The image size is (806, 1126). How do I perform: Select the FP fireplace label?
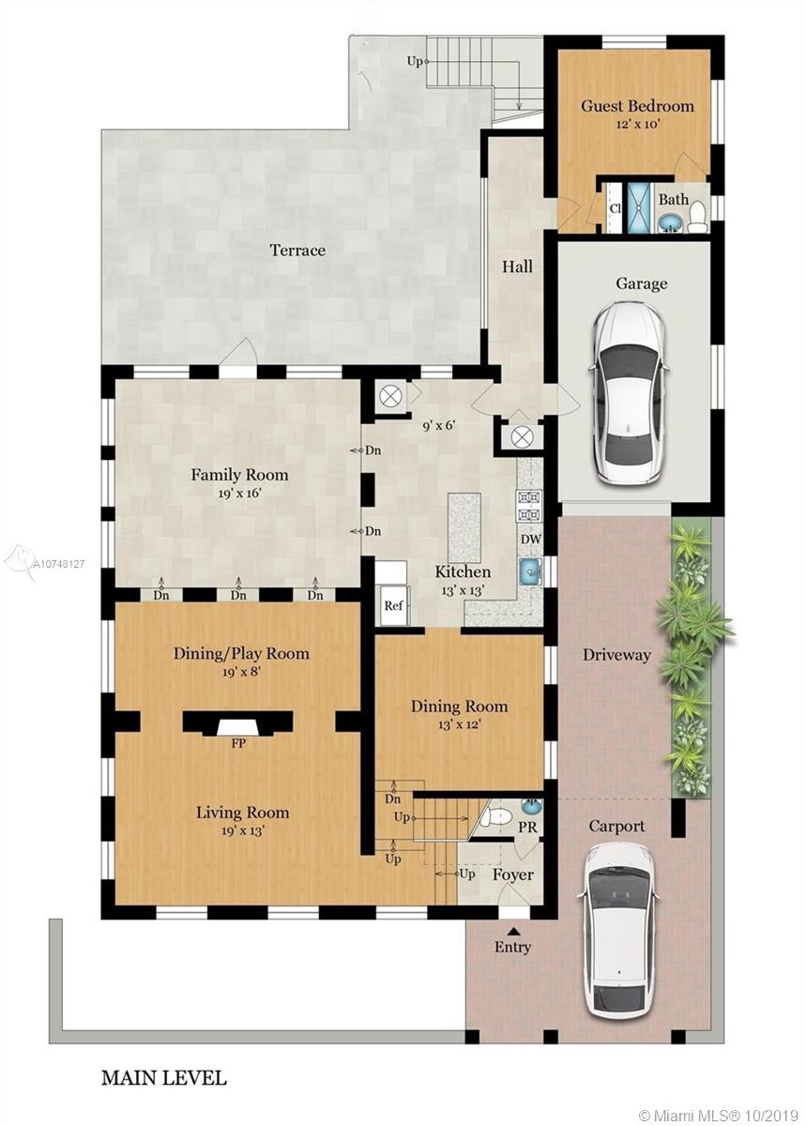[238, 743]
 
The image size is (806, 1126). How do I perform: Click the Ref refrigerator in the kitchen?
[394, 605]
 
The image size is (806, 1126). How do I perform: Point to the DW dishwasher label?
[531, 540]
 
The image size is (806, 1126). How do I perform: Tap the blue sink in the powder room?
[528, 807]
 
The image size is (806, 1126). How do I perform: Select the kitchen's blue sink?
[530, 571]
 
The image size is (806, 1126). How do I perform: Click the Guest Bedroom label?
[637, 106]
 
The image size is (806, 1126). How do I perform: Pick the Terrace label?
[297, 250]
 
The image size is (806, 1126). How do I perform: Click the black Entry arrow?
[512, 932]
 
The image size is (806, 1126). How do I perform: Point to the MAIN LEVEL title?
[164, 1079]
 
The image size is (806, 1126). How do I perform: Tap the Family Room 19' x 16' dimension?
[239, 494]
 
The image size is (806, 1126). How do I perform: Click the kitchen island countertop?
[464, 527]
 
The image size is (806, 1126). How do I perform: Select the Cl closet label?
[615, 208]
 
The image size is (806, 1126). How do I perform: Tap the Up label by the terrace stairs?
[415, 61]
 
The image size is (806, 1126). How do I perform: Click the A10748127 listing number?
[59, 565]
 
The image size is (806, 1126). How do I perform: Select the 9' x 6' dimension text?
[438, 426]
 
